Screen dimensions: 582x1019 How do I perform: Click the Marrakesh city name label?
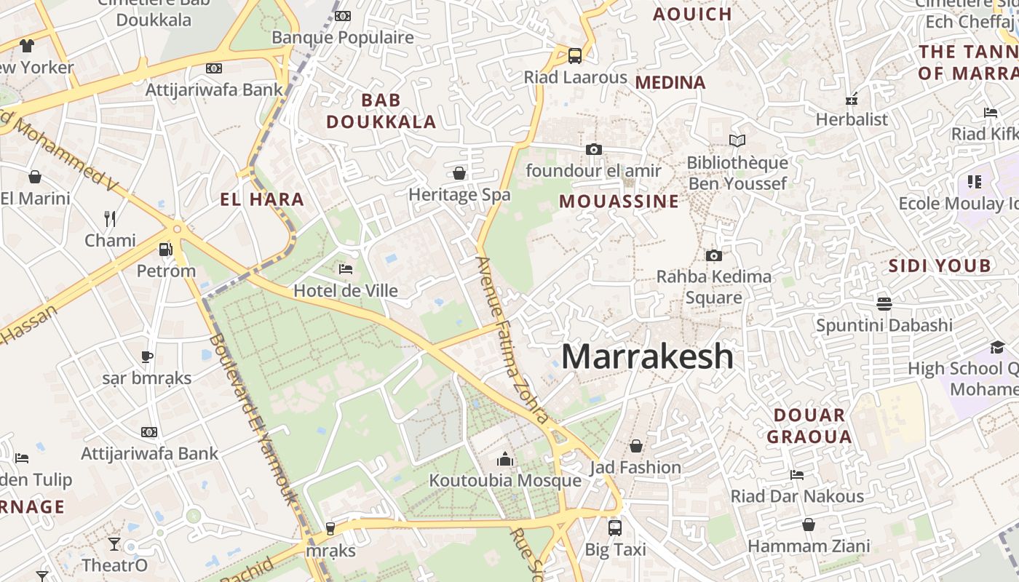(647, 356)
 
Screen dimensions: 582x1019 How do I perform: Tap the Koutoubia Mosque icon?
(504, 459)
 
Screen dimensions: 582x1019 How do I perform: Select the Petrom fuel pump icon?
(167, 250)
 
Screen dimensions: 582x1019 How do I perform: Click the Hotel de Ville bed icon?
(346, 269)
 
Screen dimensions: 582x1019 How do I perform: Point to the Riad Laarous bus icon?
(575, 55)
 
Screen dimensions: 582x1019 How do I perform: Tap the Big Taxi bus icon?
(615, 527)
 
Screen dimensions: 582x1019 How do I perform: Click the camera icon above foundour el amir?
(593, 149)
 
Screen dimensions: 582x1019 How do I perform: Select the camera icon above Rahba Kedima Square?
(713, 255)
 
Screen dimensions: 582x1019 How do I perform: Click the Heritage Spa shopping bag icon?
(459, 173)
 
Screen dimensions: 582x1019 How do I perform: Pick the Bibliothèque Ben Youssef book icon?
(737, 140)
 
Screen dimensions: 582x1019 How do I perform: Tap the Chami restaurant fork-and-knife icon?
(110, 218)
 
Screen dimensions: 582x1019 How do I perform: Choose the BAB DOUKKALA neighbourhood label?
(381, 111)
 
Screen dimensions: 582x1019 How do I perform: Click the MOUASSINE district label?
(619, 202)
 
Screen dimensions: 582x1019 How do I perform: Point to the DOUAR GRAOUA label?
(809, 426)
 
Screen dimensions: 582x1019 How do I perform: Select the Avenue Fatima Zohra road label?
(512, 340)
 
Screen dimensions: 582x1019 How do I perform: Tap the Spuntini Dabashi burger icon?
(884, 303)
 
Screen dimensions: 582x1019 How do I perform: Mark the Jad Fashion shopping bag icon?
(636, 445)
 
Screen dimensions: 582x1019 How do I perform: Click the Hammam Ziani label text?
(809, 546)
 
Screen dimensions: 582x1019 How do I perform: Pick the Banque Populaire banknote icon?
(343, 16)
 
